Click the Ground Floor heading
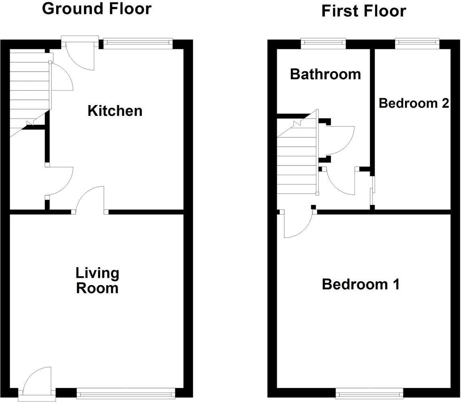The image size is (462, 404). pyautogui.click(x=97, y=9)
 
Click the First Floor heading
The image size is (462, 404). pyautogui.click(x=364, y=11)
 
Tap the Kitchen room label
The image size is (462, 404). pyautogui.click(x=115, y=111)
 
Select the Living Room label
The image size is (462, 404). pyautogui.click(x=97, y=280)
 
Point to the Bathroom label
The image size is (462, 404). pyautogui.click(x=325, y=74)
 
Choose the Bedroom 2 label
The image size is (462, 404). pyautogui.click(x=414, y=103)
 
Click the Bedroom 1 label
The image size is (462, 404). pyautogui.click(x=361, y=285)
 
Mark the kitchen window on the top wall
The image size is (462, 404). pyautogui.click(x=138, y=44)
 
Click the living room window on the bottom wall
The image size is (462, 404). pyautogui.click(x=126, y=394)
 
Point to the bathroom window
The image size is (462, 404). pyautogui.click(x=323, y=44)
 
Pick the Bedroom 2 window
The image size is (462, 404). pyautogui.click(x=417, y=44)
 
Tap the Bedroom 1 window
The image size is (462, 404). pyautogui.click(x=369, y=393)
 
